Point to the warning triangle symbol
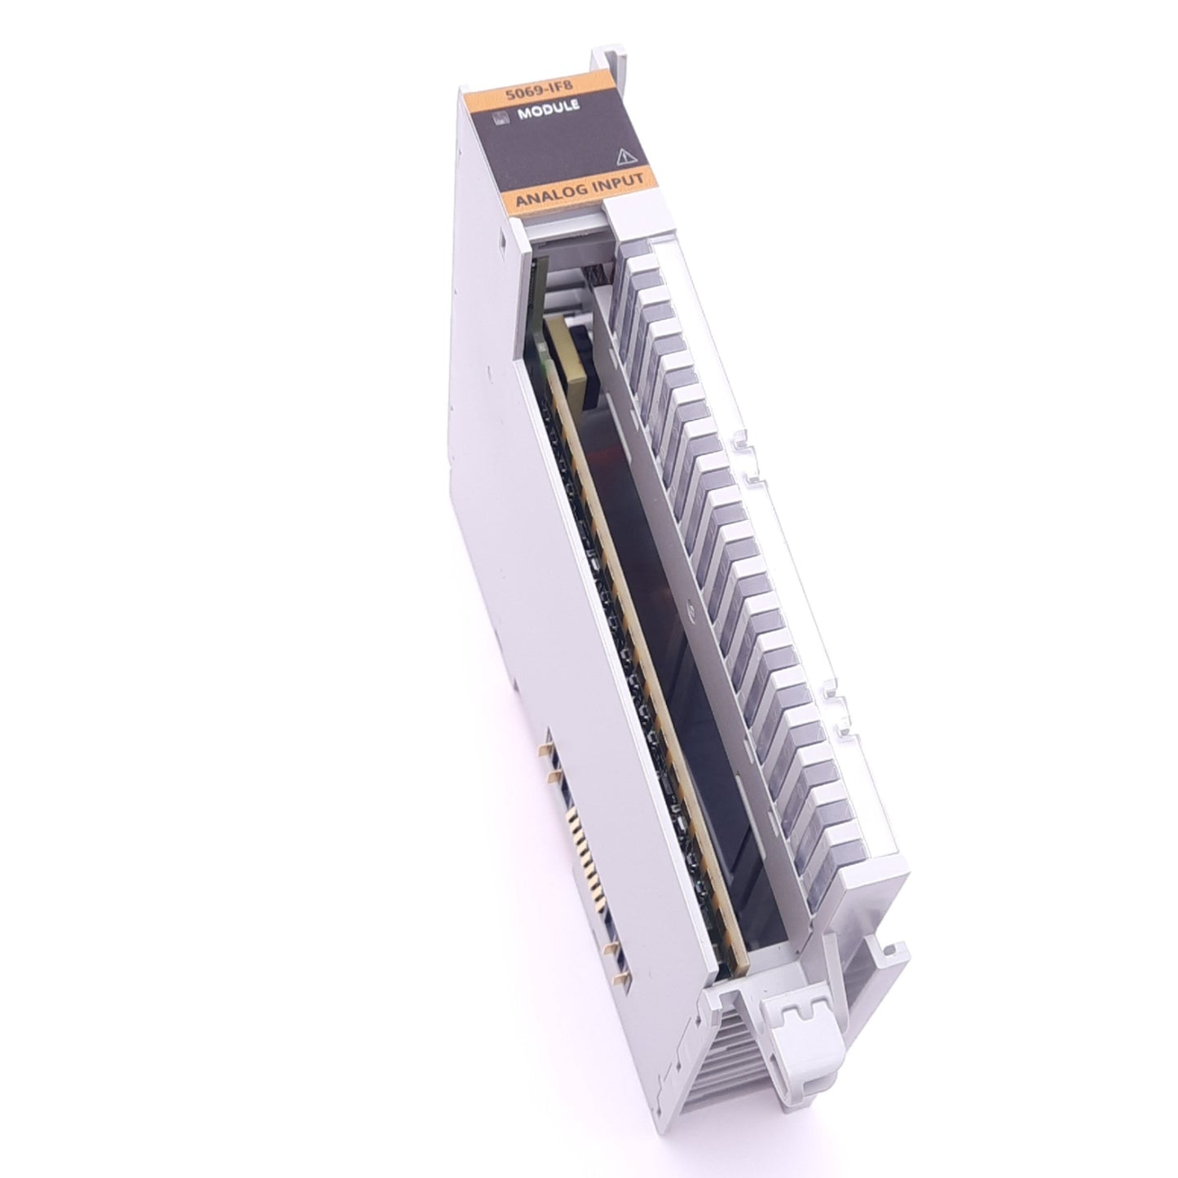(x=626, y=154)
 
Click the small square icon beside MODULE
(x=501, y=120)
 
